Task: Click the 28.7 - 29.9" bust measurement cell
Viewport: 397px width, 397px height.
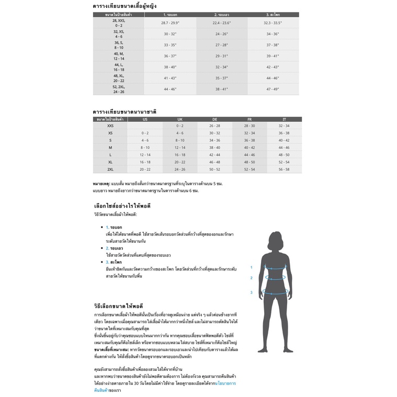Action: pyautogui.click(x=171, y=23)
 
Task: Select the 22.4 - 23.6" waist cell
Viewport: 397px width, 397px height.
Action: pyautogui.click(x=222, y=23)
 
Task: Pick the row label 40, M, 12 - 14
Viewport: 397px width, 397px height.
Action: pyautogui.click(x=119, y=56)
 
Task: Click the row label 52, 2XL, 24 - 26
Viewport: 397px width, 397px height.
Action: pyautogui.click(x=119, y=89)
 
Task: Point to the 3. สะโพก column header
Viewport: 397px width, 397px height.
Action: pyautogui.click(x=273, y=15)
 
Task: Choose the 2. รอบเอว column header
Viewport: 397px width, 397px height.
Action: pyautogui.click(x=222, y=15)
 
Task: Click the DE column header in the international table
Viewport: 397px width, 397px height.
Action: pyautogui.click(x=214, y=119)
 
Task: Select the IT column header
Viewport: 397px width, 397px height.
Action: pyautogui.click(x=284, y=119)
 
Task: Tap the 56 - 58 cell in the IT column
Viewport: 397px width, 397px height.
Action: pyautogui.click(x=284, y=169)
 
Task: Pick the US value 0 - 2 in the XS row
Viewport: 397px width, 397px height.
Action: pyautogui.click(x=145, y=133)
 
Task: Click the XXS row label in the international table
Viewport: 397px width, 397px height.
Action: pyautogui.click(x=110, y=126)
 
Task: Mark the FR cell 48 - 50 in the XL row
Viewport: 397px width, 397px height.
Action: pyautogui.click(x=249, y=162)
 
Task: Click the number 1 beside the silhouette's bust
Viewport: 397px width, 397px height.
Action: pyautogui.click(x=251, y=267)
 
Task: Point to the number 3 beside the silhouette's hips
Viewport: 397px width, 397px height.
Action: pyautogui.click(x=251, y=292)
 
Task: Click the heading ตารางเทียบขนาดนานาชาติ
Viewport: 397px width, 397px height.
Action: pyautogui.click(x=124, y=112)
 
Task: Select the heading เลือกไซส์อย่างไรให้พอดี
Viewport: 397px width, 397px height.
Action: pyautogui.click(x=122, y=206)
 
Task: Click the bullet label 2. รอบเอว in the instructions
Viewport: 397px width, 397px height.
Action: pyautogui.click(x=114, y=248)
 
